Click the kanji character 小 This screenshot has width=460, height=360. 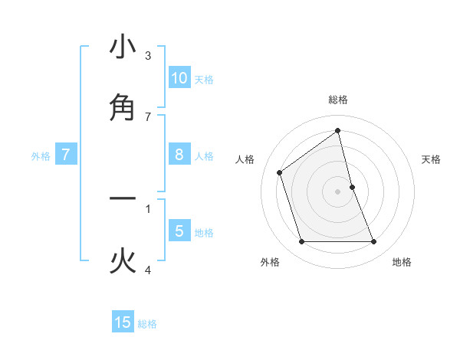click(x=123, y=47)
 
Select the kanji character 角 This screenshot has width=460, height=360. click(x=123, y=108)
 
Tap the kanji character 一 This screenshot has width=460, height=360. click(x=123, y=199)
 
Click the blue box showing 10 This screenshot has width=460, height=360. click(x=179, y=78)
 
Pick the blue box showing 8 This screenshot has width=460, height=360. click(x=179, y=155)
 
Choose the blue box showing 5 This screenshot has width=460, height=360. click(x=179, y=231)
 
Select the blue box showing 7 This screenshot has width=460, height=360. click(x=66, y=155)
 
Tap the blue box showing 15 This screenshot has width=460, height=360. click(x=123, y=322)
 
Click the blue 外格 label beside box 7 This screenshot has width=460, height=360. click(x=41, y=156)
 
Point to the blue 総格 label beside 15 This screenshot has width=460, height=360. click(x=147, y=324)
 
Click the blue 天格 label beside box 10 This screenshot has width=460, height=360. click(x=204, y=80)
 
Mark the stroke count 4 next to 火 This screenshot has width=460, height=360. click(x=148, y=270)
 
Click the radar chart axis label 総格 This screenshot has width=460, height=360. click(x=338, y=100)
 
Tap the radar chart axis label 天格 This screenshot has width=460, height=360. click(x=432, y=159)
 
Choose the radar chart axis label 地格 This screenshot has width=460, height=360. click(x=402, y=262)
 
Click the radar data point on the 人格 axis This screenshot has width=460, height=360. click(x=280, y=172)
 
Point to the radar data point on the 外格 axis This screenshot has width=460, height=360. click(x=301, y=242)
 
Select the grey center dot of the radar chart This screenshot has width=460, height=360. click(x=338, y=191)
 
